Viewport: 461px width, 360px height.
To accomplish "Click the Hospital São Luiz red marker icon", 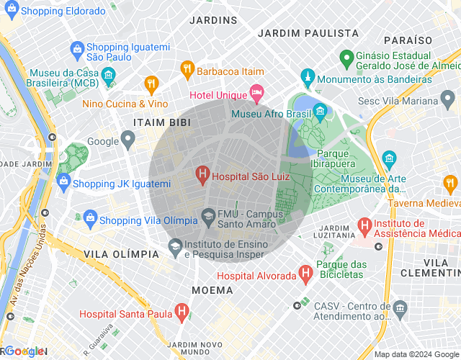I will pyautogui.click(x=202, y=174).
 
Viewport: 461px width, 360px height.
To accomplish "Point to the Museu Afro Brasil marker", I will pyautogui.click(x=320, y=112).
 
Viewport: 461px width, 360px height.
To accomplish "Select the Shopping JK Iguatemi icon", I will pyautogui.click(x=63, y=180).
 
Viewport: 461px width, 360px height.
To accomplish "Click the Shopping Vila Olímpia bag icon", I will pyautogui.click(x=90, y=217).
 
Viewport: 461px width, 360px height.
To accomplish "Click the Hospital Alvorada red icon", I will pyautogui.click(x=306, y=274).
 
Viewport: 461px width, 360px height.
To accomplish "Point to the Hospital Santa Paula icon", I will pyautogui.click(x=183, y=312).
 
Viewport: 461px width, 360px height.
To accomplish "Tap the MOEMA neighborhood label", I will pyautogui.click(x=212, y=290).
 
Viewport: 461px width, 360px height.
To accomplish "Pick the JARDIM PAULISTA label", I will pyautogui.click(x=308, y=33).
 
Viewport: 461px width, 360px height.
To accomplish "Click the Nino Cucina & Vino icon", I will pyautogui.click(x=151, y=84).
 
